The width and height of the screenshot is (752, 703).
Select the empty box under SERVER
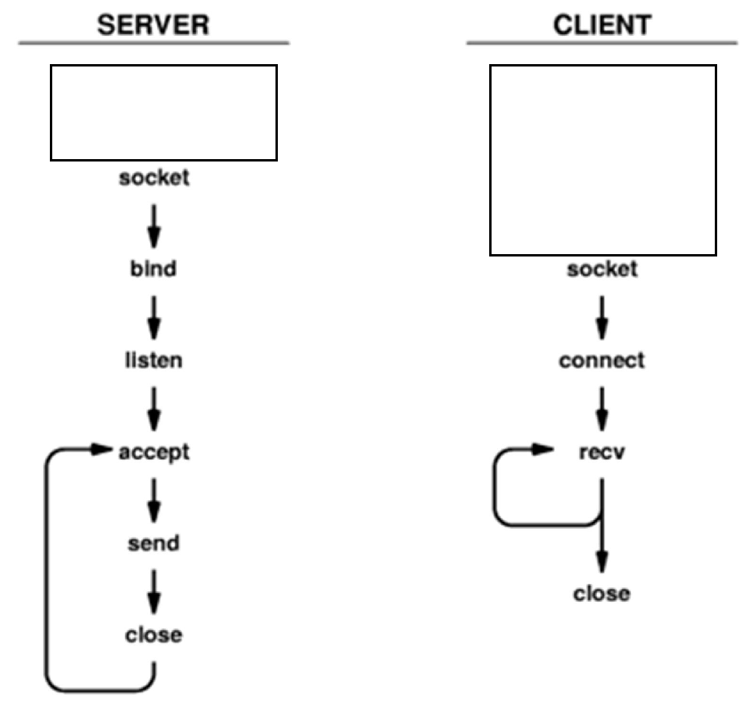164,112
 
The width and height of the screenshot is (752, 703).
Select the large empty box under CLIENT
603,160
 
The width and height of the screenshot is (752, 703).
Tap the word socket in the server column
154,177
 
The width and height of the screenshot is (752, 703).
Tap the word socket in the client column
602,269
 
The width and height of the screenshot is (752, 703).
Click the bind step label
154,269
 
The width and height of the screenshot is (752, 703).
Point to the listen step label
154,361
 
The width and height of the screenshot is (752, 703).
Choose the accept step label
154,452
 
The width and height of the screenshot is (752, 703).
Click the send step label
154,544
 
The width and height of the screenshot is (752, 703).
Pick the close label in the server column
154,635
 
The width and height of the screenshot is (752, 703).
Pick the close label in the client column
602,594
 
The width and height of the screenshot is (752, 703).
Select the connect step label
602,361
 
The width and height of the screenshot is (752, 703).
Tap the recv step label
602,452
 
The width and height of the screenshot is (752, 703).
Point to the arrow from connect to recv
602,407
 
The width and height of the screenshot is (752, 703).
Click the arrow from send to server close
154,590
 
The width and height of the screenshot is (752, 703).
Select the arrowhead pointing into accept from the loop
101,449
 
